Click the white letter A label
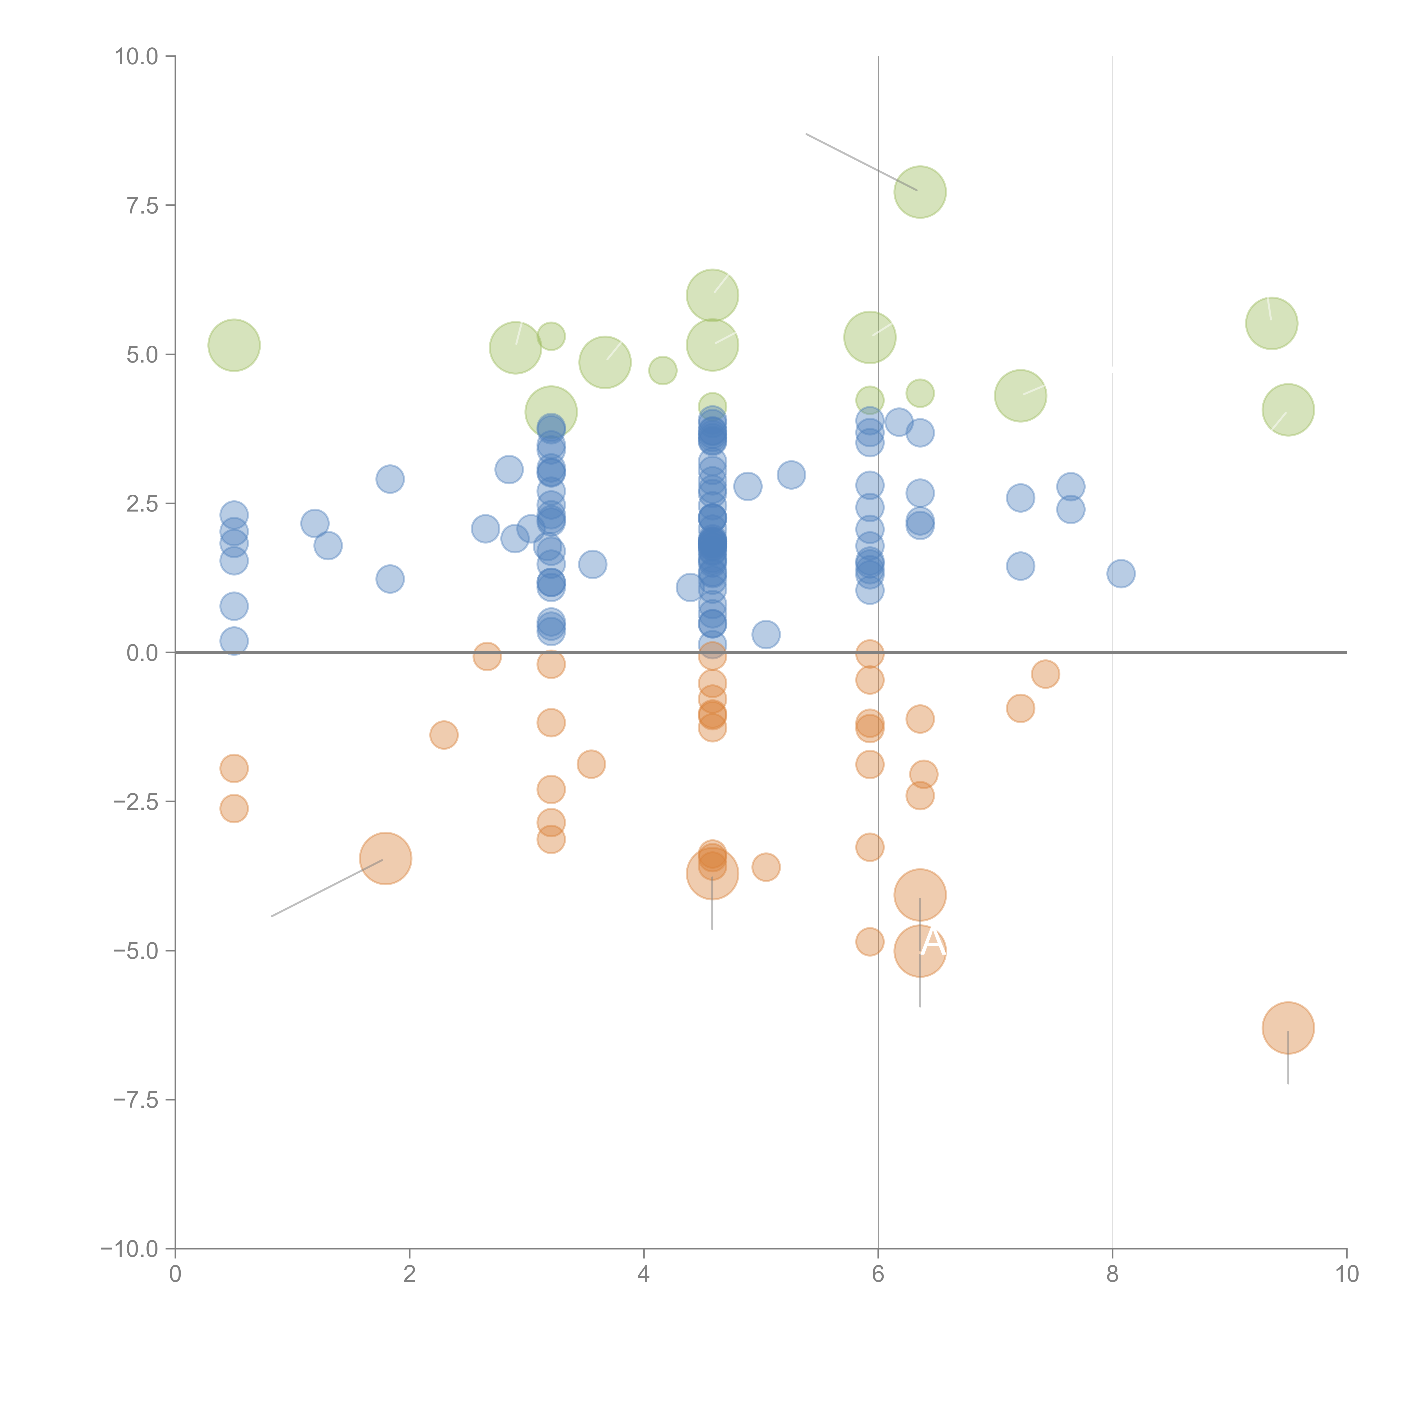[x=933, y=943]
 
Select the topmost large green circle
[x=920, y=192]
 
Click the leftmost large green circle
[x=234, y=345]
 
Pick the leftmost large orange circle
[x=386, y=858]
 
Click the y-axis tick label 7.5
[x=142, y=205]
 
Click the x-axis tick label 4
[x=643, y=1274]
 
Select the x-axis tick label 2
[x=410, y=1274]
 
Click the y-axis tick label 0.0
[x=142, y=653]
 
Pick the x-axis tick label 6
[x=878, y=1274]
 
